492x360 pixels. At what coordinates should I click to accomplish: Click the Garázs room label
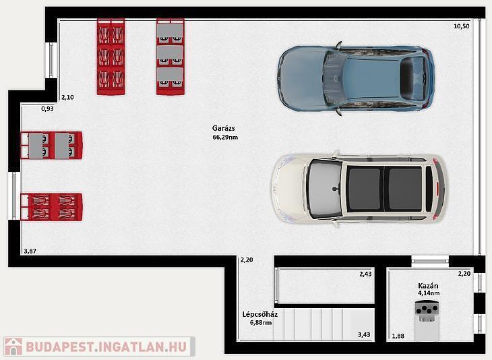(x=223, y=128)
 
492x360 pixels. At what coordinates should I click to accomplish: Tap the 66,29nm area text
(x=225, y=137)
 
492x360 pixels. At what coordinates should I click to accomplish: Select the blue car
(x=356, y=79)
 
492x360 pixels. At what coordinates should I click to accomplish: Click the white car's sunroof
(x=386, y=189)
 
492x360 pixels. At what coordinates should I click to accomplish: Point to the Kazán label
(x=428, y=286)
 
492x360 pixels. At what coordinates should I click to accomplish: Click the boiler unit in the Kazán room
(x=427, y=320)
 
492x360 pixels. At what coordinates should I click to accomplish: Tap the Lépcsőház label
(x=259, y=314)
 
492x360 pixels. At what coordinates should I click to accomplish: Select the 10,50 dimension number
(x=461, y=26)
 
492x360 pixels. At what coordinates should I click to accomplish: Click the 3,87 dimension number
(x=30, y=251)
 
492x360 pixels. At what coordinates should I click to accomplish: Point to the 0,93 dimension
(x=47, y=109)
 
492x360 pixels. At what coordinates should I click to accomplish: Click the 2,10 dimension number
(x=67, y=97)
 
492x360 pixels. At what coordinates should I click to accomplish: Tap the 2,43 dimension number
(x=365, y=274)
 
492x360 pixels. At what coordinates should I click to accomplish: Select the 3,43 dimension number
(x=364, y=335)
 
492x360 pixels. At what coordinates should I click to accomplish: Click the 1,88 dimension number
(x=398, y=336)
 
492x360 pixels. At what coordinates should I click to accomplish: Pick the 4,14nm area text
(x=428, y=293)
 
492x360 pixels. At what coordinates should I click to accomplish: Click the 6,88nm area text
(x=261, y=322)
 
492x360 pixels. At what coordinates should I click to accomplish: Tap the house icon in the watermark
(x=13, y=347)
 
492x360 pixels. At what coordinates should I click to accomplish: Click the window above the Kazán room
(x=430, y=260)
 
